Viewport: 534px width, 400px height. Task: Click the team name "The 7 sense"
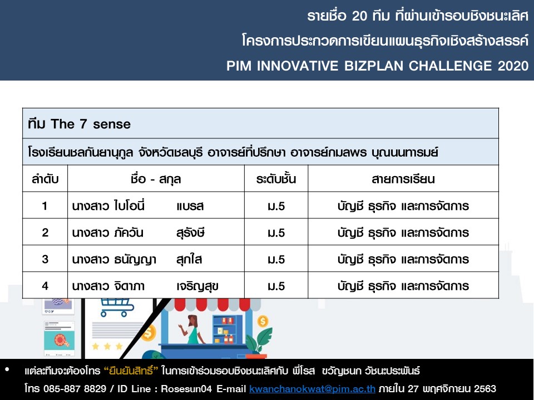(x=91, y=124)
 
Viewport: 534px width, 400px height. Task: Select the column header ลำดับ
(x=45, y=179)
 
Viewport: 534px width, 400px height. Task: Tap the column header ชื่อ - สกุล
(x=156, y=179)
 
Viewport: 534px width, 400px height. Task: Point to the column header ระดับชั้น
(x=276, y=179)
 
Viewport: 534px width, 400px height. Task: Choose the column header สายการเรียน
(x=403, y=179)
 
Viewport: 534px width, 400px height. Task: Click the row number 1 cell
(x=44, y=206)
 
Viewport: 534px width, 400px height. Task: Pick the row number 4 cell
(x=45, y=286)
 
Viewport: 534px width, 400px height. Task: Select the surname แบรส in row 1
(x=190, y=206)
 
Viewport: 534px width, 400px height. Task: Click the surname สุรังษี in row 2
(x=190, y=233)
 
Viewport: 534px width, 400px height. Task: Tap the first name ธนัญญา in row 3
(x=135, y=259)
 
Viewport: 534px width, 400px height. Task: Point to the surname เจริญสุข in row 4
(x=197, y=286)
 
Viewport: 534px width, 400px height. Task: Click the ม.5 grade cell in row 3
(x=276, y=259)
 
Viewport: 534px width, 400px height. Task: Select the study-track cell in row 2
(x=403, y=233)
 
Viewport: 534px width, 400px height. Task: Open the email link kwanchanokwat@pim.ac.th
(x=312, y=388)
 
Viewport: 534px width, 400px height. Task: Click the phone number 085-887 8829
(x=75, y=388)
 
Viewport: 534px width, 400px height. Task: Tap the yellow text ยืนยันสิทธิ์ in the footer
(x=131, y=371)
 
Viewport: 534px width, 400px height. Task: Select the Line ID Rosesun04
(x=186, y=388)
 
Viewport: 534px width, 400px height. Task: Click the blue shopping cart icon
(x=117, y=307)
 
